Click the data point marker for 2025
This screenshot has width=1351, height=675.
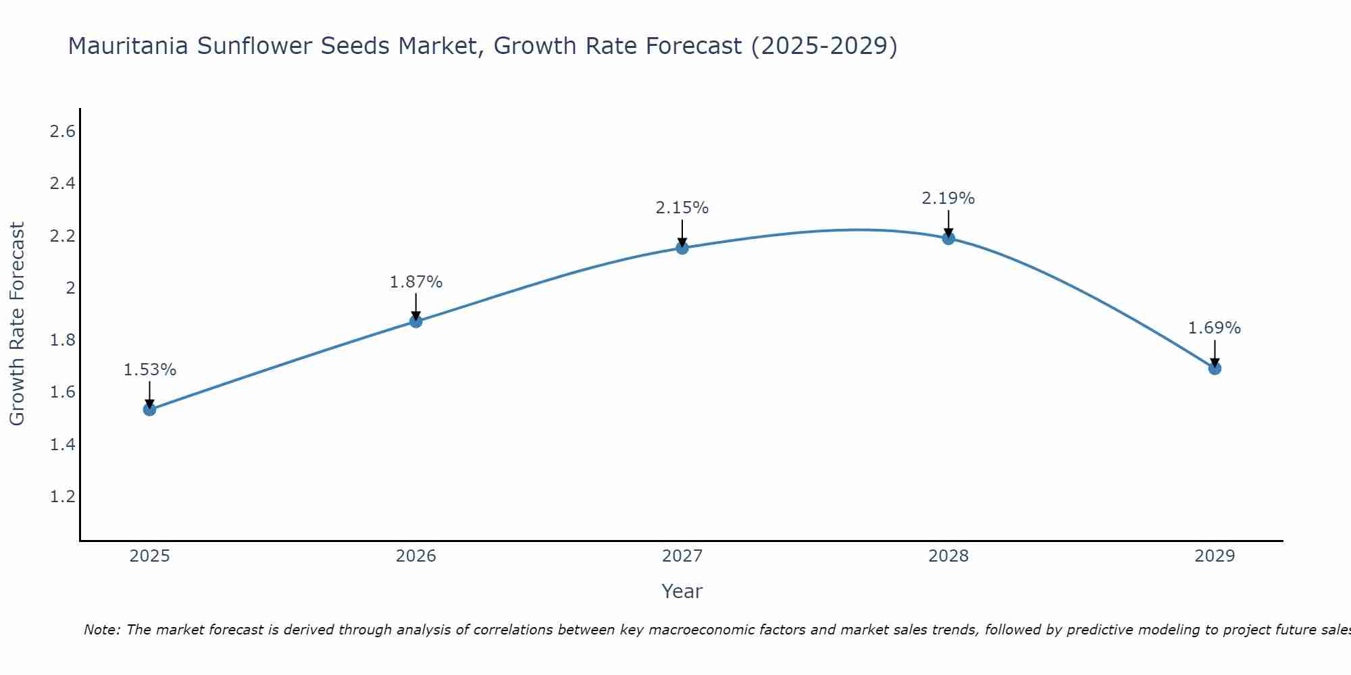150,409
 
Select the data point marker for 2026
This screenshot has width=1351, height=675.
416,321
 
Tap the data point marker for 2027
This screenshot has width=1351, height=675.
682,248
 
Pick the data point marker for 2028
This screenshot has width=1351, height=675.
948,238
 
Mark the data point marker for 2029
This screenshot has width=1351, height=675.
1215,368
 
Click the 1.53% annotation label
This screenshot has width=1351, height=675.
150,370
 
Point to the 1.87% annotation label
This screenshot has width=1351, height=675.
416,282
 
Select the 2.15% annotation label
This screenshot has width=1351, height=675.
682,208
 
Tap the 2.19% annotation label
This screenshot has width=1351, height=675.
948,198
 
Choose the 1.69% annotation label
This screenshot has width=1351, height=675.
1215,328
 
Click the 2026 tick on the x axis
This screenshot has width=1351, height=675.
416,556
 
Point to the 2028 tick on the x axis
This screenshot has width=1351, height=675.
948,556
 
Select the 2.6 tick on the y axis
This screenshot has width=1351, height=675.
62,132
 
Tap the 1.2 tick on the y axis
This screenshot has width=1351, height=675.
62,497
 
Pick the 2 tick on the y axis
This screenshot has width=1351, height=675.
70,288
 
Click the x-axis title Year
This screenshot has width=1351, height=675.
682,591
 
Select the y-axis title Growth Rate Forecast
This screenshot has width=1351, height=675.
17,324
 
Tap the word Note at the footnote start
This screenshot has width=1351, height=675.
101,630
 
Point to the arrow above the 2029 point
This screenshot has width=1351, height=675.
1215,352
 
